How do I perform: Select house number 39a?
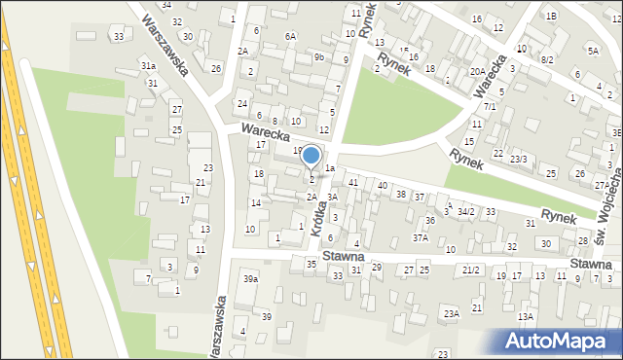251,279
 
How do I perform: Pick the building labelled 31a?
148,65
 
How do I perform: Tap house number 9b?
318,57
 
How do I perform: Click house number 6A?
290,36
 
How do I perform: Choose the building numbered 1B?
551,16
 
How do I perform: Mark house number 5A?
593,50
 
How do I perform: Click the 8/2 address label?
547,59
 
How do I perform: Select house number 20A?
477,71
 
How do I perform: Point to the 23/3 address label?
519,159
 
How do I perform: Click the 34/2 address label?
466,211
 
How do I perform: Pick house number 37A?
421,237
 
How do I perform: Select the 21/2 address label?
471,270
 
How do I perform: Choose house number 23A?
451,313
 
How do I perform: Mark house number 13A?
526,317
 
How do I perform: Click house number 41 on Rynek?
353,182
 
